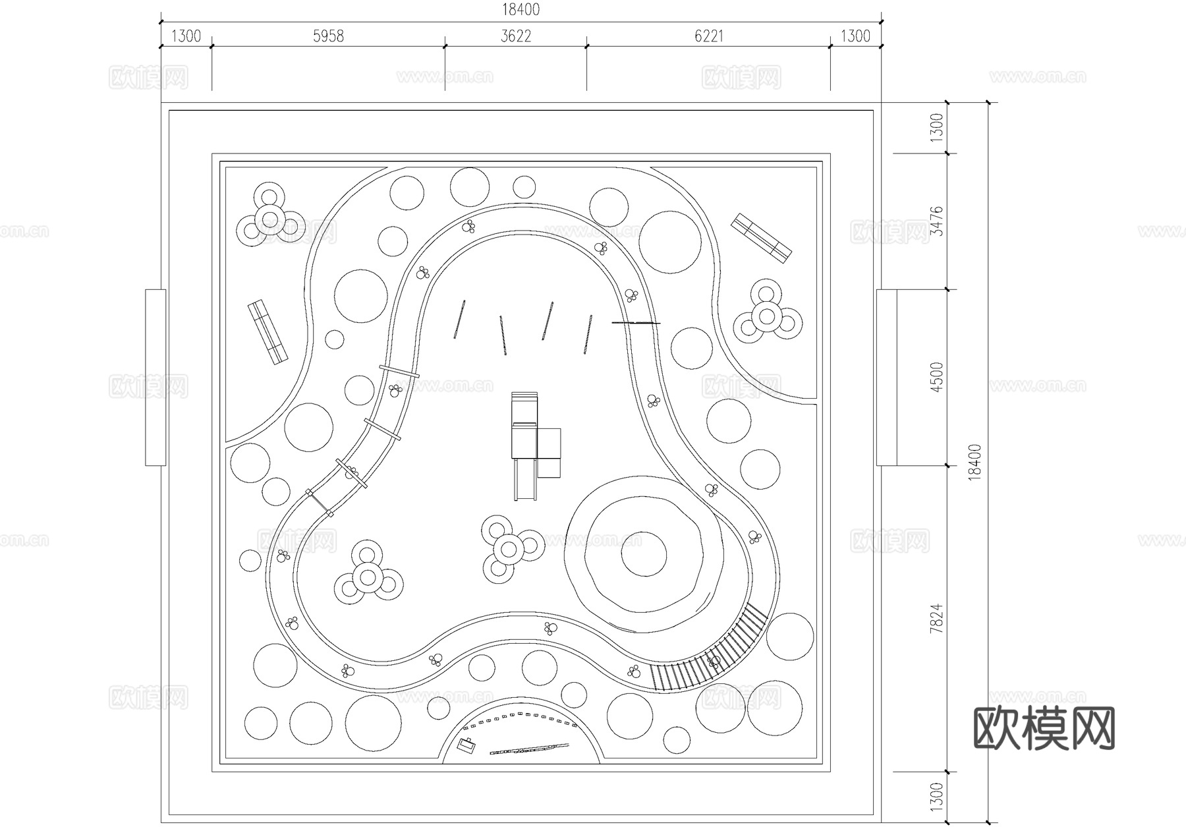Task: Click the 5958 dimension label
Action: click(328, 36)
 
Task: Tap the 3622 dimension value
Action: click(516, 36)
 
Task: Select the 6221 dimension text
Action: click(709, 36)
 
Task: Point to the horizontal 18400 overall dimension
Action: click(521, 9)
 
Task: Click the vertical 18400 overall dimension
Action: click(976, 462)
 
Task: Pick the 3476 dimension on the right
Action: click(936, 221)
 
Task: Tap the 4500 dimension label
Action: click(936, 376)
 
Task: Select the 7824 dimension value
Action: click(936, 618)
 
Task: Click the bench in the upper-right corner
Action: click(761, 238)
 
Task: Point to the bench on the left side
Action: click(268, 333)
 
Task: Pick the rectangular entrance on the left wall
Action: click(155, 377)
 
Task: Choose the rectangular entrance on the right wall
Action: click(886, 377)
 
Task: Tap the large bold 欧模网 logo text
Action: click(1044, 729)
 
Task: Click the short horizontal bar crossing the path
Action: click(636, 323)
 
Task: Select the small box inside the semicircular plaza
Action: click(467, 746)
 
